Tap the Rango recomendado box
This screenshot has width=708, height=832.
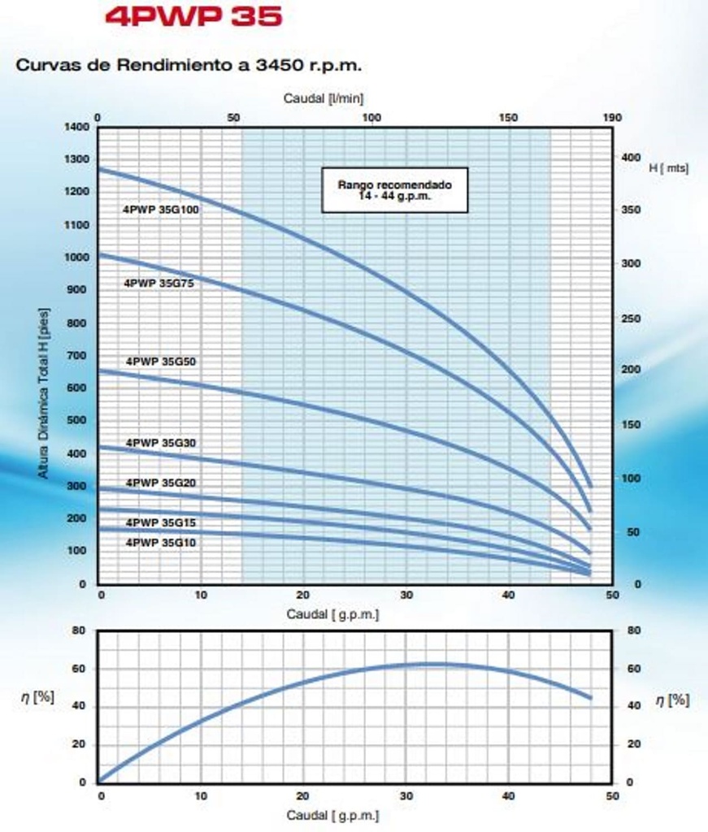coord(394,190)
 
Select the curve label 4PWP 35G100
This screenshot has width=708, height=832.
coord(161,209)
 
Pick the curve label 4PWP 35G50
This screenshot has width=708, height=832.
coord(160,361)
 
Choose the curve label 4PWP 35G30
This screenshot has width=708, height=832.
coord(160,443)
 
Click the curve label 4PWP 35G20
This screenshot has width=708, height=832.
coord(160,483)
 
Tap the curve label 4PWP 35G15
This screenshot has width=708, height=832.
coord(160,522)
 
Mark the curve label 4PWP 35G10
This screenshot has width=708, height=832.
coord(160,542)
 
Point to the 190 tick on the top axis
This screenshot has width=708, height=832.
coord(612,118)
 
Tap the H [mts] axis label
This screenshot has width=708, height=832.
coord(668,168)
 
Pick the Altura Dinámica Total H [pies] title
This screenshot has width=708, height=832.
coord(44,392)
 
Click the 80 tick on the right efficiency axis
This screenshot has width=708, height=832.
coord(634,630)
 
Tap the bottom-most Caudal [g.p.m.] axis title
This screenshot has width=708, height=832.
coord(332,815)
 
